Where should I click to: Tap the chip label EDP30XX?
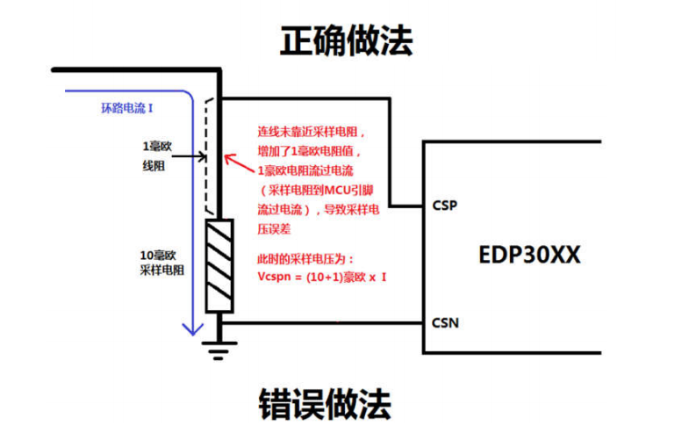click(x=531, y=256)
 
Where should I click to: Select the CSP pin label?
click(x=443, y=206)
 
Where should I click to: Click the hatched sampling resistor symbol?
click(x=218, y=265)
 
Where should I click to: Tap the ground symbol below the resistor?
click(x=218, y=348)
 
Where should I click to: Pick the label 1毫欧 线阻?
click(x=155, y=154)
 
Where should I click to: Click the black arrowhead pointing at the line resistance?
click(x=203, y=158)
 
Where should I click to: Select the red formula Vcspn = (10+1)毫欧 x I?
click(x=323, y=277)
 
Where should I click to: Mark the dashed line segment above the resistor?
click(x=209, y=158)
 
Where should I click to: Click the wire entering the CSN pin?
click(x=334, y=322)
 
